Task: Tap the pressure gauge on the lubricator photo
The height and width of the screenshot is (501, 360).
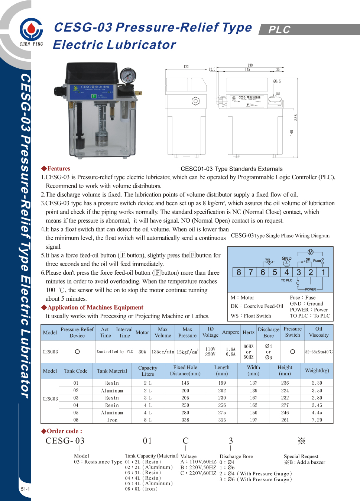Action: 128,76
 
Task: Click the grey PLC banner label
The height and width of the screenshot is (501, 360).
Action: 279,29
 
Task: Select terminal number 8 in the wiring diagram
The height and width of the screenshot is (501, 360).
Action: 239,272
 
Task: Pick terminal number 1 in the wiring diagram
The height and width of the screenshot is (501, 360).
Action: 323,272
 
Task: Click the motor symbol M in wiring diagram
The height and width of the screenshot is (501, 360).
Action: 311,252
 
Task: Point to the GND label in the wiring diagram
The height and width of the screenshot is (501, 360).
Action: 286,258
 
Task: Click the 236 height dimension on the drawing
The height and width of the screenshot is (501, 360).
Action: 296,117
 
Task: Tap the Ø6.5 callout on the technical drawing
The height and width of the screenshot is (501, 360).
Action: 277,81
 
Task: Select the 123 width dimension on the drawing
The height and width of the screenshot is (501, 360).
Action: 186,67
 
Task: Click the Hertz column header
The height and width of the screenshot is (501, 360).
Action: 249,332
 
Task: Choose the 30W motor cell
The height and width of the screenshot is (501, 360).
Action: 142,352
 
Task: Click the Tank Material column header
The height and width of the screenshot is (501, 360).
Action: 112,371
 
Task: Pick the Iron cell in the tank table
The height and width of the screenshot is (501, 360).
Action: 112,420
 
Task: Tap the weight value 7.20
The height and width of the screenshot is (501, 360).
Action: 317,420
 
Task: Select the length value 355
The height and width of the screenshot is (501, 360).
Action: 222,420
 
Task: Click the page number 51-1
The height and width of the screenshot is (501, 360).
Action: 25,489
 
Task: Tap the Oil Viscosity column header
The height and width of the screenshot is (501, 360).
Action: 319,332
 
